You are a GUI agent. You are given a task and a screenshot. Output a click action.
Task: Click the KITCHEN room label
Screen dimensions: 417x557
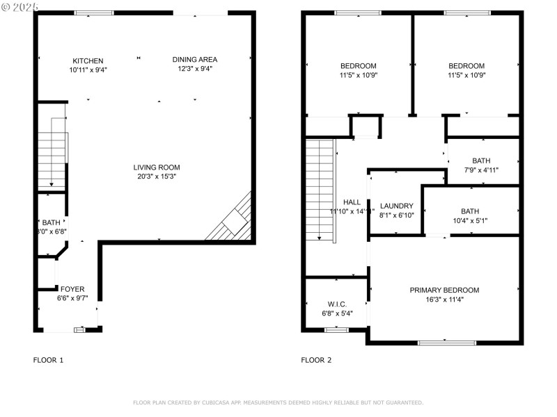pos(88,60)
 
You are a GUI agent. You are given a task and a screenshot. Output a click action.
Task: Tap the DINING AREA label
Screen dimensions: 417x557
pos(195,59)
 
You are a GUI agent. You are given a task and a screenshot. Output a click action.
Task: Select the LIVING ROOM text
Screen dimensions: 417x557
pos(157,167)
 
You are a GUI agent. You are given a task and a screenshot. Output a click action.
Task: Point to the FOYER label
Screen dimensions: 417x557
pos(72,289)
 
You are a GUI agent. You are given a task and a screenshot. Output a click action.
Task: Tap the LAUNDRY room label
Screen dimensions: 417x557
pos(396,206)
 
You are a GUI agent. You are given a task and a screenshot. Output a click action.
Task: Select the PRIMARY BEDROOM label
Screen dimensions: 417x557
pos(444,290)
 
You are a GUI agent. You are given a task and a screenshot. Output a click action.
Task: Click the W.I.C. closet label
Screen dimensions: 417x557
pos(337,304)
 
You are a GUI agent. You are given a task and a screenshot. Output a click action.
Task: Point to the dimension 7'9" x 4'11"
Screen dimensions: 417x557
pos(480,170)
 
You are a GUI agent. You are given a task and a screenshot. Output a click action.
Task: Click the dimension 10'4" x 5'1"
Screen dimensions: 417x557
pos(470,221)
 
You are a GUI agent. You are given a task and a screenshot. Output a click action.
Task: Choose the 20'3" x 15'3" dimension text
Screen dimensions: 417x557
pos(157,177)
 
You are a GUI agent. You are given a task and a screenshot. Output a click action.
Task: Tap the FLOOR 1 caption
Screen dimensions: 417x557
pos(48,360)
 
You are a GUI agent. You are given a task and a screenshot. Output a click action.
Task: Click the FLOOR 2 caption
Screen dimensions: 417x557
pos(316,360)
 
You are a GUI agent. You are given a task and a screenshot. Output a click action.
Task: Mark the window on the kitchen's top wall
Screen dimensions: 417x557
pos(94,13)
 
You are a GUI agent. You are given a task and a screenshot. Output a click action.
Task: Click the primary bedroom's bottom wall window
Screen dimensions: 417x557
pos(446,342)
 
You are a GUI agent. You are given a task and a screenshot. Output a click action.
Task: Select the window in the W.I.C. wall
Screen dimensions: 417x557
pos(336,329)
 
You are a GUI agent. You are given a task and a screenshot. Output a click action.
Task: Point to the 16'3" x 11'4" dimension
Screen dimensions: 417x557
pos(444,300)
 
